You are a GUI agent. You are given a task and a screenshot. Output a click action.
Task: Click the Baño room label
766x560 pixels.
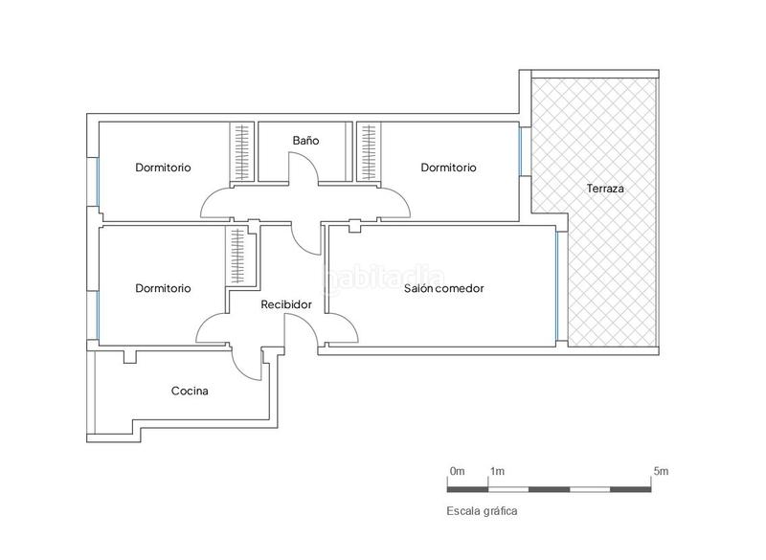coord(305,141)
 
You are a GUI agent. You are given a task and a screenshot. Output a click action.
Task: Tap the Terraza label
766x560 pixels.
coord(605,189)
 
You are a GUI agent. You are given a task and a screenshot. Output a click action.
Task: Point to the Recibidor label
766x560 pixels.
coord(286,304)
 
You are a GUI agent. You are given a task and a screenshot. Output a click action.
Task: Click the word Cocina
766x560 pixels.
coord(190,391)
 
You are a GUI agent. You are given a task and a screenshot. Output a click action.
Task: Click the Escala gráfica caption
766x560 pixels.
coord(482,511)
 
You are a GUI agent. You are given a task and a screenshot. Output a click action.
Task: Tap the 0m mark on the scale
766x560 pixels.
coord(457,471)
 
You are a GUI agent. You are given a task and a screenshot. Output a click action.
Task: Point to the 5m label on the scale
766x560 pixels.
coord(661,471)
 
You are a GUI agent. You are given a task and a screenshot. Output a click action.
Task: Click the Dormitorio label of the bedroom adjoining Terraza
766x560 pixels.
coord(448,168)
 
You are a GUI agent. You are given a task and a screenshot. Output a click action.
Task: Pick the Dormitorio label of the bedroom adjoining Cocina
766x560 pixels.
coord(163,288)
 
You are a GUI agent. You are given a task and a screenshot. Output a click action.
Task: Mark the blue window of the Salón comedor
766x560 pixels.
coord(556,288)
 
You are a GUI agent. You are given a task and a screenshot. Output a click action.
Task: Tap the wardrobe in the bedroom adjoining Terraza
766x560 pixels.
coord(366,151)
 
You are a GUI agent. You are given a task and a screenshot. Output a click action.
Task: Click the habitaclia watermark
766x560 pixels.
coord(383,279)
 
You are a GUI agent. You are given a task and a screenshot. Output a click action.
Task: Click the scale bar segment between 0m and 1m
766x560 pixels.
coord(469,489)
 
